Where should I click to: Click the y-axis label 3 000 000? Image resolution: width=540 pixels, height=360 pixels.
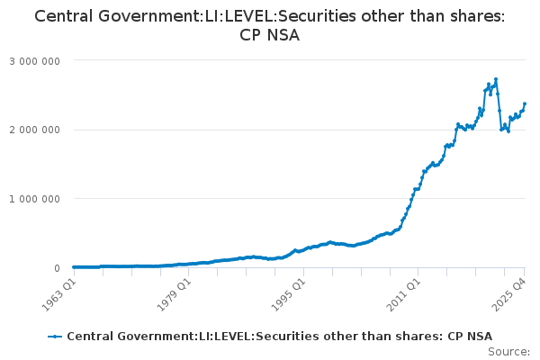pyautogui.click(x=34, y=60)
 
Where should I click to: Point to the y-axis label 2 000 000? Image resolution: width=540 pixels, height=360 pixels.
pyautogui.click(x=34, y=130)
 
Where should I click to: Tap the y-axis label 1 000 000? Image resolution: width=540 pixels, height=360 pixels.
pyautogui.click(x=34, y=199)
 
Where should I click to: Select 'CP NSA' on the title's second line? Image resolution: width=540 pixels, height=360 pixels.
pyautogui.click(x=270, y=36)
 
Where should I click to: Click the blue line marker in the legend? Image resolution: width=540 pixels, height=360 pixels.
pyautogui.click(x=55, y=336)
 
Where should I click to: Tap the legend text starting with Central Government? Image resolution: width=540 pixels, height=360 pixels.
pyautogui.click(x=279, y=336)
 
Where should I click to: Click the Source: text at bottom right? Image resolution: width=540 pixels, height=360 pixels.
pyautogui.click(x=509, y=352)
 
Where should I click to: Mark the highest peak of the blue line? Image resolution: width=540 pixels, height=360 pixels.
pyautogui.click(x=496, y=79)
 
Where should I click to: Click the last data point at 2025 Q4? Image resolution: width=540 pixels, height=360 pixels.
pyautogui.click(x=525, y=103)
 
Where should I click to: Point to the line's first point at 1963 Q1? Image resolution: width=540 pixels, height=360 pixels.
pyautogui.click(x=73, y=267)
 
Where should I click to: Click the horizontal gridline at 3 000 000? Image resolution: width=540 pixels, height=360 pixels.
pyautogui.click(x=297, y=60)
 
